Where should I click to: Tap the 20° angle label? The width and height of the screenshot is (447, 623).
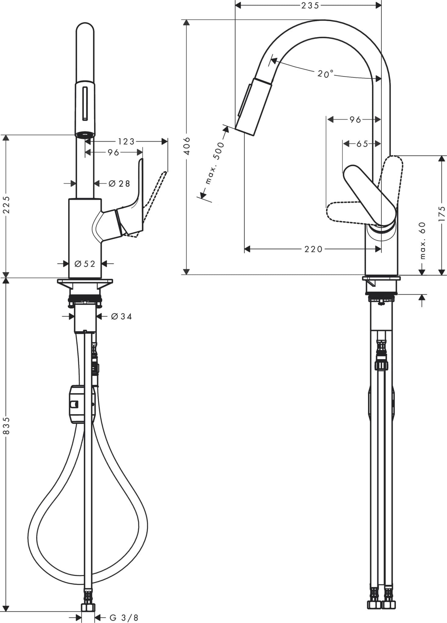point(325,74)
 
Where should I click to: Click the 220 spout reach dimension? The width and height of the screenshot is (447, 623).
point(313,249)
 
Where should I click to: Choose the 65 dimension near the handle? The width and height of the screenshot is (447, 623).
point(362,144)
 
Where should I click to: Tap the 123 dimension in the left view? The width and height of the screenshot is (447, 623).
point(126,141)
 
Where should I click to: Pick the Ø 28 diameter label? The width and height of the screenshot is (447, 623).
point(119,183)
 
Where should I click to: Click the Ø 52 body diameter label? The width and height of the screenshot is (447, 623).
point(85,264)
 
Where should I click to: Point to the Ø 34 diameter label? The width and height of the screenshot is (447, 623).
point(121,317)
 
